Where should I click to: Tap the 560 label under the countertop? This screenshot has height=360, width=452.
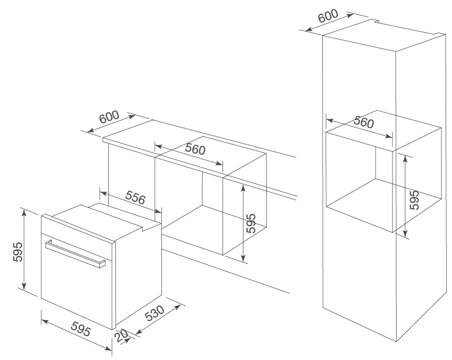click(195, 149)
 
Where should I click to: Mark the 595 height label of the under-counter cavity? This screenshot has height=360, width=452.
click(250, 224)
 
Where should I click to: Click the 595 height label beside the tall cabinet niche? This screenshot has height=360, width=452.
click(414, 200)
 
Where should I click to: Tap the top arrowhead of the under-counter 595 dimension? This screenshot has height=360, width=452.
click(242, 182)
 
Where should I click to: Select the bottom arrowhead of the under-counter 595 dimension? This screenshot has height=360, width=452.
click(242, 259)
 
